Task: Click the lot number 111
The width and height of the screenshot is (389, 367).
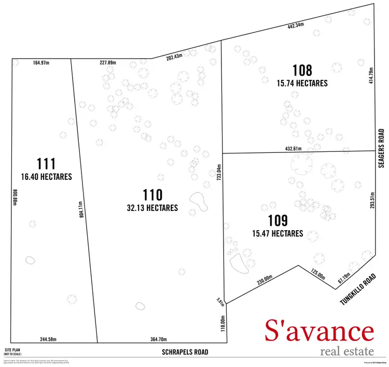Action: [46, 163]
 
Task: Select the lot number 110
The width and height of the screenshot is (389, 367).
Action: [153, 195]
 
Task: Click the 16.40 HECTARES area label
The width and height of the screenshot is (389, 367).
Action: [47, 177]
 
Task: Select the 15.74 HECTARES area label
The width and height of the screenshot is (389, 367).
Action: [302, 82]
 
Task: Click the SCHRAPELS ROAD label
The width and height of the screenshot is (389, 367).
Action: [185, 352]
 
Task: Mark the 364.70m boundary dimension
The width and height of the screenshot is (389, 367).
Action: [156, 339]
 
